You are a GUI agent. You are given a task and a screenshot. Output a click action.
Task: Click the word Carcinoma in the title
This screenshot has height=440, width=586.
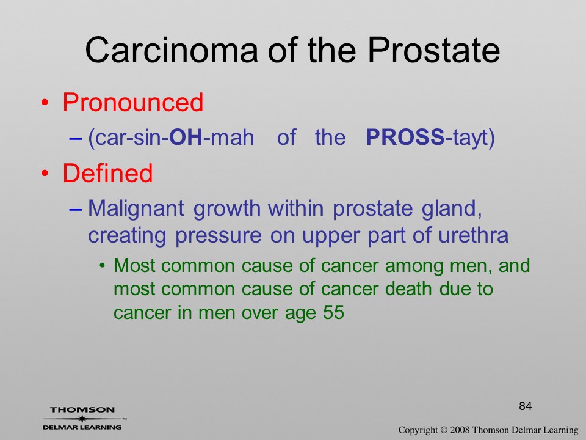(x=172, y=50)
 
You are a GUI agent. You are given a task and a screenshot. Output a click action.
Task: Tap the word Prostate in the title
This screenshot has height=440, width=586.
(x=433, y=50)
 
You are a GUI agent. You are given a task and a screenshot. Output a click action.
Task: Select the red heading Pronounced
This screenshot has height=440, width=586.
(x=132, y=102)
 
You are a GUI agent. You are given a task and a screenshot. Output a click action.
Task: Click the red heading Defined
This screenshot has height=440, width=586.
(x=107, y=172)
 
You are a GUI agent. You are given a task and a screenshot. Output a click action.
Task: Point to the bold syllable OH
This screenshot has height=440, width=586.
(x=186, y=137)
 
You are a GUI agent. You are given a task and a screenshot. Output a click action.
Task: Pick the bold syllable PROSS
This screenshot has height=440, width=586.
(x=405, y=137)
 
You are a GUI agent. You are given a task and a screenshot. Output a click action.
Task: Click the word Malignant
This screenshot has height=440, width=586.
(x=136, y=208)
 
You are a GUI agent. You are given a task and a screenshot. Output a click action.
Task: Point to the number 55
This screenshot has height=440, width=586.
(x=333, y=312)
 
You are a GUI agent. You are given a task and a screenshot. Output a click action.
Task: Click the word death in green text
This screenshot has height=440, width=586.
(x=408, y=288)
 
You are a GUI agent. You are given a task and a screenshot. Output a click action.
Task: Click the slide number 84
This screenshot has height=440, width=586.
(x=526, y=406)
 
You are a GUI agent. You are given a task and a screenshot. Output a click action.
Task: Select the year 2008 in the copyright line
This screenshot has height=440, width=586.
(x=460, y=430)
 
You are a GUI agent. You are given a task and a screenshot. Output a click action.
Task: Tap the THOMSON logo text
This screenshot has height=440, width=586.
(x=82, y=409)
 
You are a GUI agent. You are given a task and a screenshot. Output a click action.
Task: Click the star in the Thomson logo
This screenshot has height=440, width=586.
(x=82, y=419)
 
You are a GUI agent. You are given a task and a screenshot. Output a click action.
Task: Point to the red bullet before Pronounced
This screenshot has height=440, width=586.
(x=45, y=103)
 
